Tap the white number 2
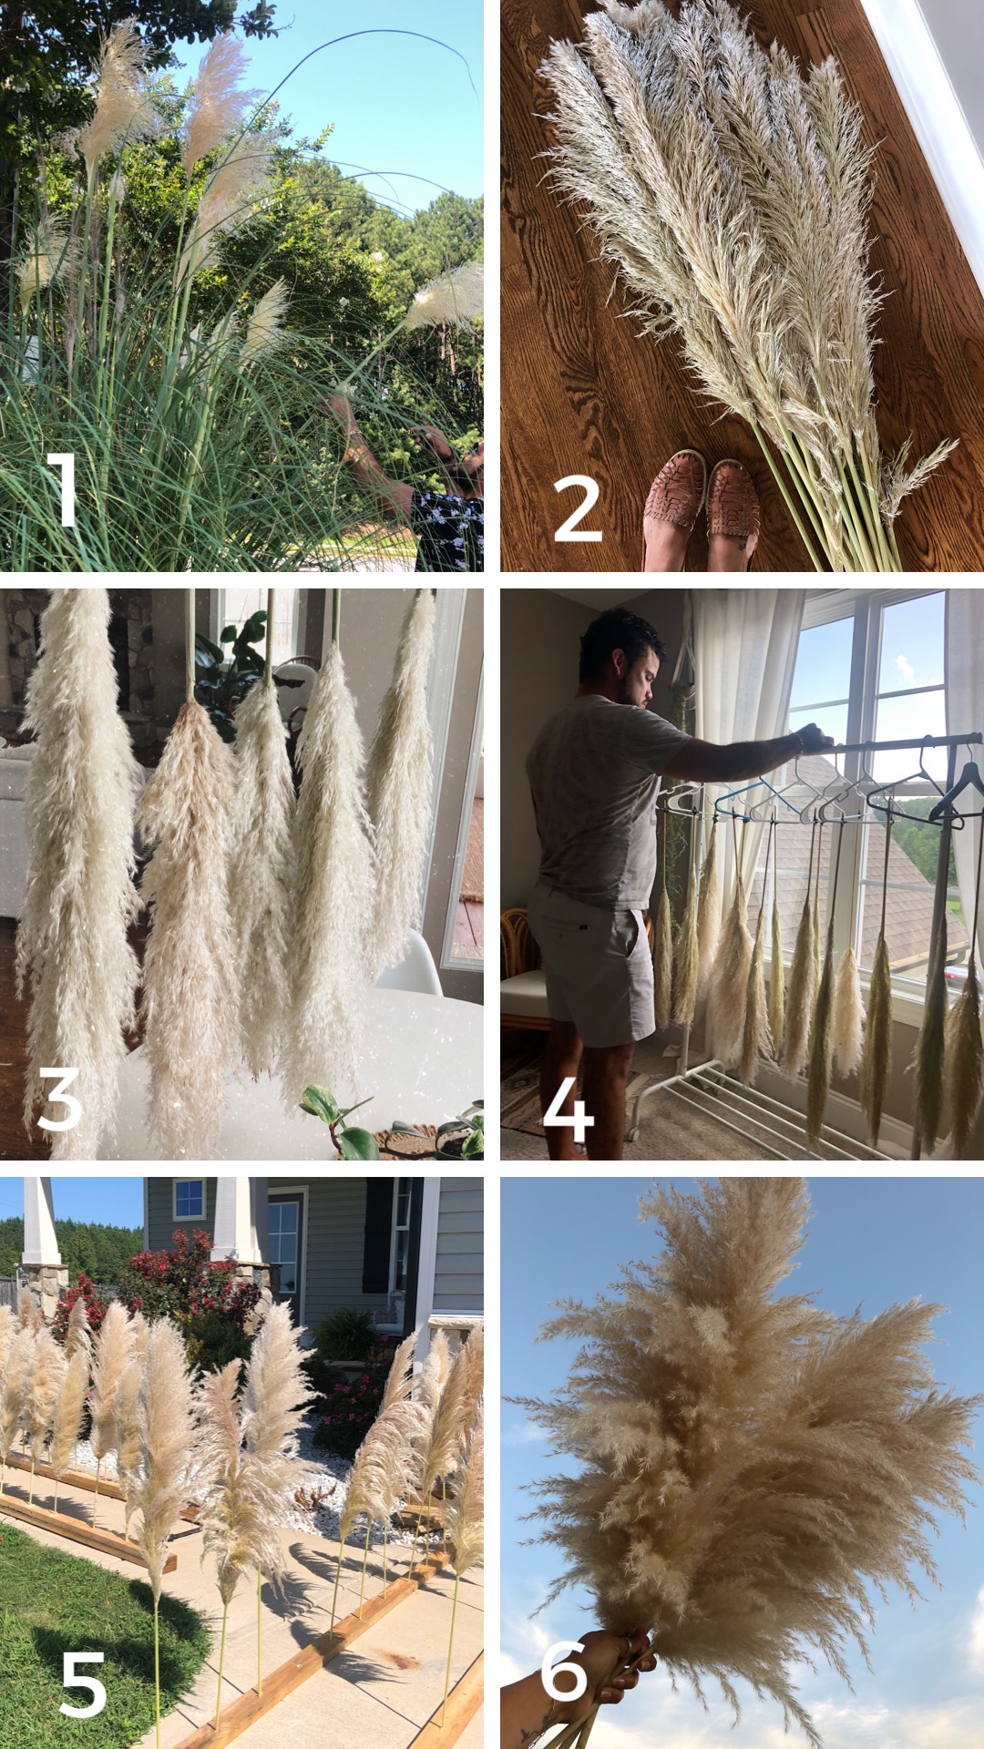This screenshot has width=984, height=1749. (578, 509)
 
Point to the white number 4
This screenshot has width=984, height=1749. (569, 1106)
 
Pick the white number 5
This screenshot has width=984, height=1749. (82, 1685)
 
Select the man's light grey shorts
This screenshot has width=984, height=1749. (591, 966)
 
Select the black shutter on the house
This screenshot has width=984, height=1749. (377, 1235)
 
